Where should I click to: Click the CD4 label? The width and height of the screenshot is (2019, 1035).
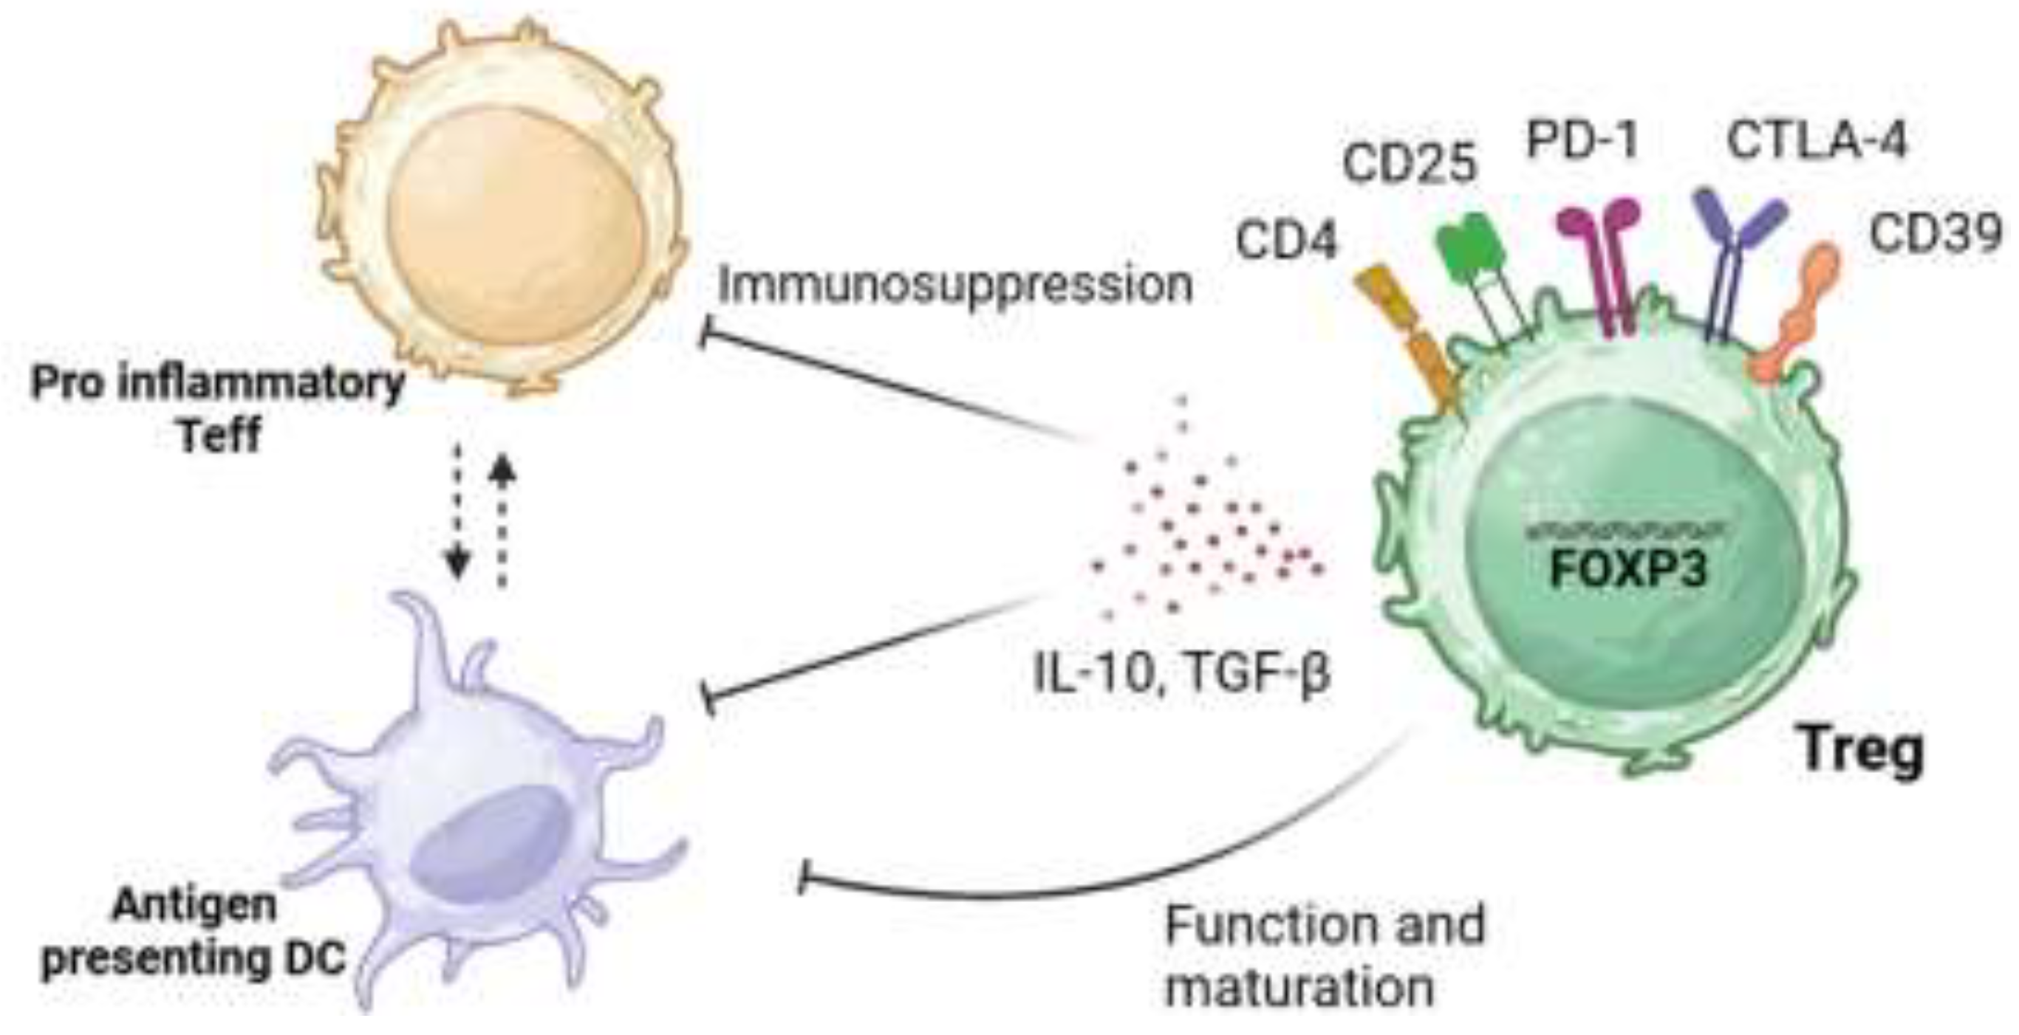1286,240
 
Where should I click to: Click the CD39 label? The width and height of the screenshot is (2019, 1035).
1936,233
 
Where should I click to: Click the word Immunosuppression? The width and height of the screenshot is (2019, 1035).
954,283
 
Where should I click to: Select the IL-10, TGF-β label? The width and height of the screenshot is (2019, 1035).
1183,673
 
